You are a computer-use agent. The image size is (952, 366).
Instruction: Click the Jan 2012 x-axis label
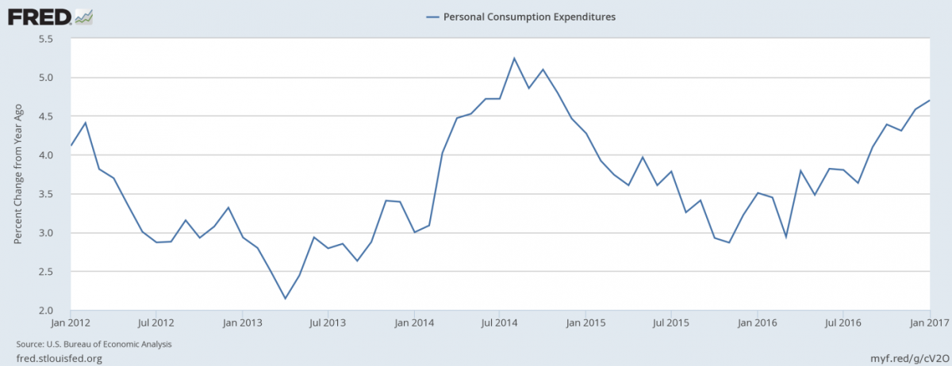[71, 323]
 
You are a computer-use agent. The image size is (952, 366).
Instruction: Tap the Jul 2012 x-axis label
[156, 323]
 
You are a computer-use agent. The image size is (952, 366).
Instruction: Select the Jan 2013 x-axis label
[242, 323]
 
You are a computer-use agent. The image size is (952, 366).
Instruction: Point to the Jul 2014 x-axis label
[500, 323]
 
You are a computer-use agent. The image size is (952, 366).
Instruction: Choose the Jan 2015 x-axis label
[585, 323]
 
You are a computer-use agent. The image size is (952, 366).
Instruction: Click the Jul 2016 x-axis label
[843, 323]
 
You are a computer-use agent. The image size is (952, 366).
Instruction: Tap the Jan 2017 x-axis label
[928, 323]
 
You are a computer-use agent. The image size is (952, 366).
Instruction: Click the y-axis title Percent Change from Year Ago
[17, 174]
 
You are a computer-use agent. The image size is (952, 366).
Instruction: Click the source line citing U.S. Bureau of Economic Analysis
[94, 345]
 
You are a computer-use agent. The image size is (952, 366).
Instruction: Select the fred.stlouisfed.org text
[59, 358]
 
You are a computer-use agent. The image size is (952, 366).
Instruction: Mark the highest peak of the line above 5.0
[514, 58]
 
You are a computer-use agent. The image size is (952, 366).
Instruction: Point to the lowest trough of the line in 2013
[285, 299]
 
